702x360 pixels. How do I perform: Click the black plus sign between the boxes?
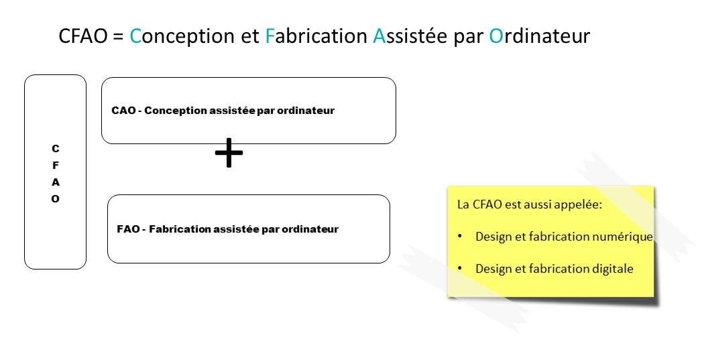coord(229,153)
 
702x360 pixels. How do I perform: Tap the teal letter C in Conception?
coord(135,36)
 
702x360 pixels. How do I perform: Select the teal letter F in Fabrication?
coord(269,36)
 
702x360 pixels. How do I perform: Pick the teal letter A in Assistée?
coord(379,36)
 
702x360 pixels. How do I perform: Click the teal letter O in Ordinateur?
coord(496,36)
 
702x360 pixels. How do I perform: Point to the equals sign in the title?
coord(118,36)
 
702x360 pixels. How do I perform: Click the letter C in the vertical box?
coord(56,148)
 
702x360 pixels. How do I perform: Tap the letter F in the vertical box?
coord(56,165)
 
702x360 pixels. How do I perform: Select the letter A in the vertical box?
coord(56,182)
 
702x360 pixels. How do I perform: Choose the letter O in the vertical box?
coord(56,199)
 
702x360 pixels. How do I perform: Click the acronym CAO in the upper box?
coord(123,111)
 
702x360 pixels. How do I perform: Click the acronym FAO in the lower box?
coord(129,229)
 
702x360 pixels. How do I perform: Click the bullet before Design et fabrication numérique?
coord(460,236)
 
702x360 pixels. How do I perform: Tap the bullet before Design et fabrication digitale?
coord(460,268)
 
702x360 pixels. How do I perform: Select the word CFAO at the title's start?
coord(83,36)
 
